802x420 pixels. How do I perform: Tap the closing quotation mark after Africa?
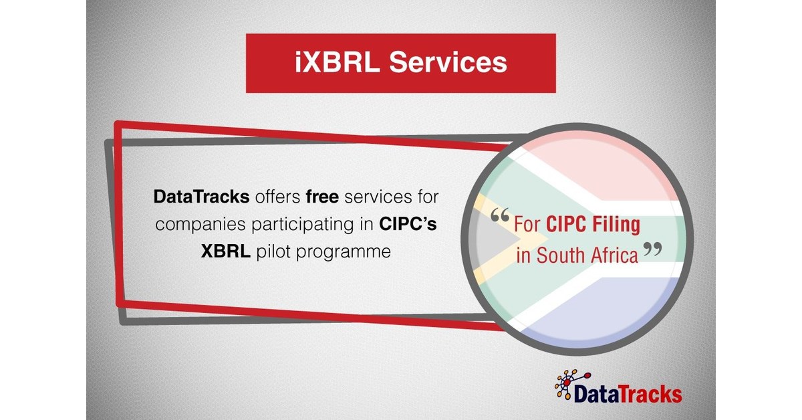click(652, 251)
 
